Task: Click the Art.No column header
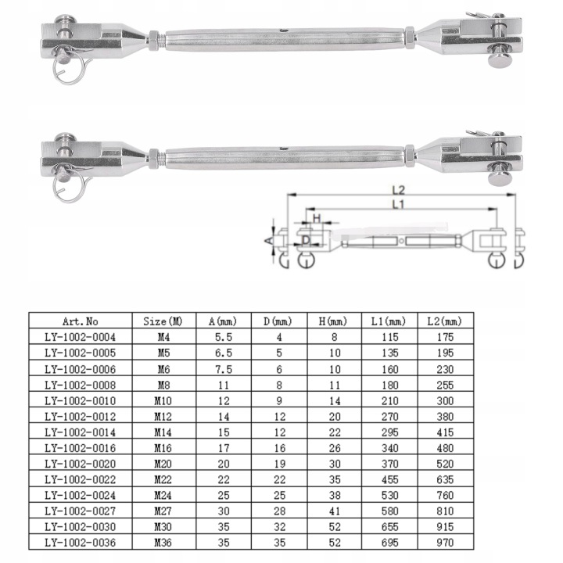(x=80, y=321)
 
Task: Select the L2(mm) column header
(x=444, y=321)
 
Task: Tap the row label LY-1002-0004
(x=80, y=337)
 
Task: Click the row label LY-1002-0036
(x=80, y=542)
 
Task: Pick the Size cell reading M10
(x=163, y=400)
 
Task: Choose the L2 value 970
(x=445, y=542)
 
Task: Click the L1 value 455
(x=390, y=479)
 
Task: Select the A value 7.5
(x=224, y=369)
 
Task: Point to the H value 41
(x=335, y=511)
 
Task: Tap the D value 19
(x=279, y=464)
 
